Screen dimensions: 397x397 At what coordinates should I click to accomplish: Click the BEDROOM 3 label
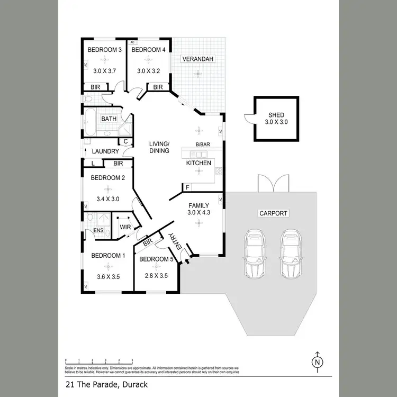pos(104,50)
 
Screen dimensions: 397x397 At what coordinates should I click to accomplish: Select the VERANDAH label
pos(198,59)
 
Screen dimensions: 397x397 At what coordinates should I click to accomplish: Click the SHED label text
pos(276,114)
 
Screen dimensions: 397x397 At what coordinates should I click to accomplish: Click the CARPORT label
pos(273,213)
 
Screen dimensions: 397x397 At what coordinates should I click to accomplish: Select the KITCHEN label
pos(198,163)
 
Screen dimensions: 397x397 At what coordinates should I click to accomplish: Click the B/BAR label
pos(202,144)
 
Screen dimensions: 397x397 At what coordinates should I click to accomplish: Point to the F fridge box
pos(187,187)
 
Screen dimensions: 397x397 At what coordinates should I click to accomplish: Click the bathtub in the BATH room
pos(89,121)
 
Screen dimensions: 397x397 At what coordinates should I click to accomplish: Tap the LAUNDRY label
pos(105,151)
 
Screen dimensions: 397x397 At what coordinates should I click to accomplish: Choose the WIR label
pos(125,227)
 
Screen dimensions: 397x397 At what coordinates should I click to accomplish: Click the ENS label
pos(98,230)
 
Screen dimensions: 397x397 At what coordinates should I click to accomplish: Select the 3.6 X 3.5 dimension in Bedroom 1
pos(107,276)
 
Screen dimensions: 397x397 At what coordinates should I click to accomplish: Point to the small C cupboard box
pos(126,141)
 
